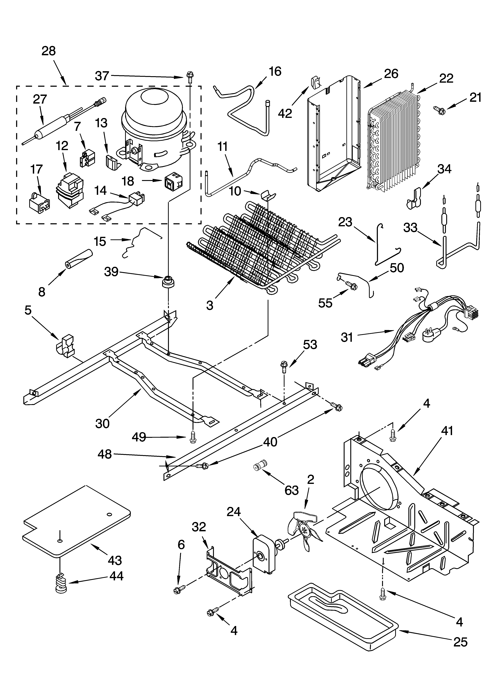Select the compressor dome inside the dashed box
click(154, 104)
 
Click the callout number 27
click(40, 99)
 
